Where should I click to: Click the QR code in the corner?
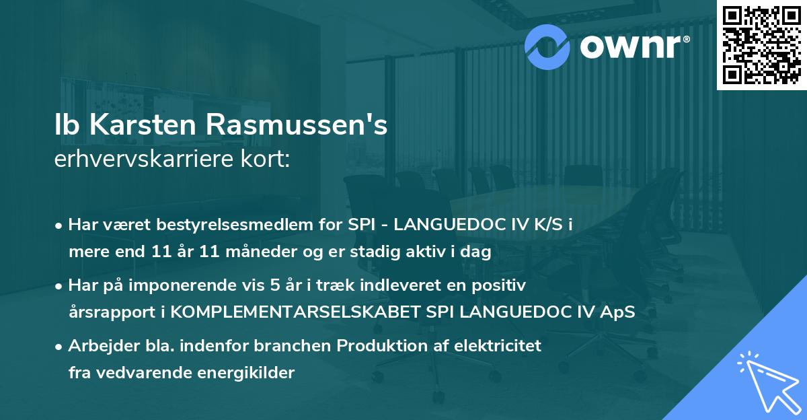[x=761, y=45]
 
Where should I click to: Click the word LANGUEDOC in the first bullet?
[x=446, y=225]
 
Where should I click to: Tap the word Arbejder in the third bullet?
[x=100, y=347]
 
